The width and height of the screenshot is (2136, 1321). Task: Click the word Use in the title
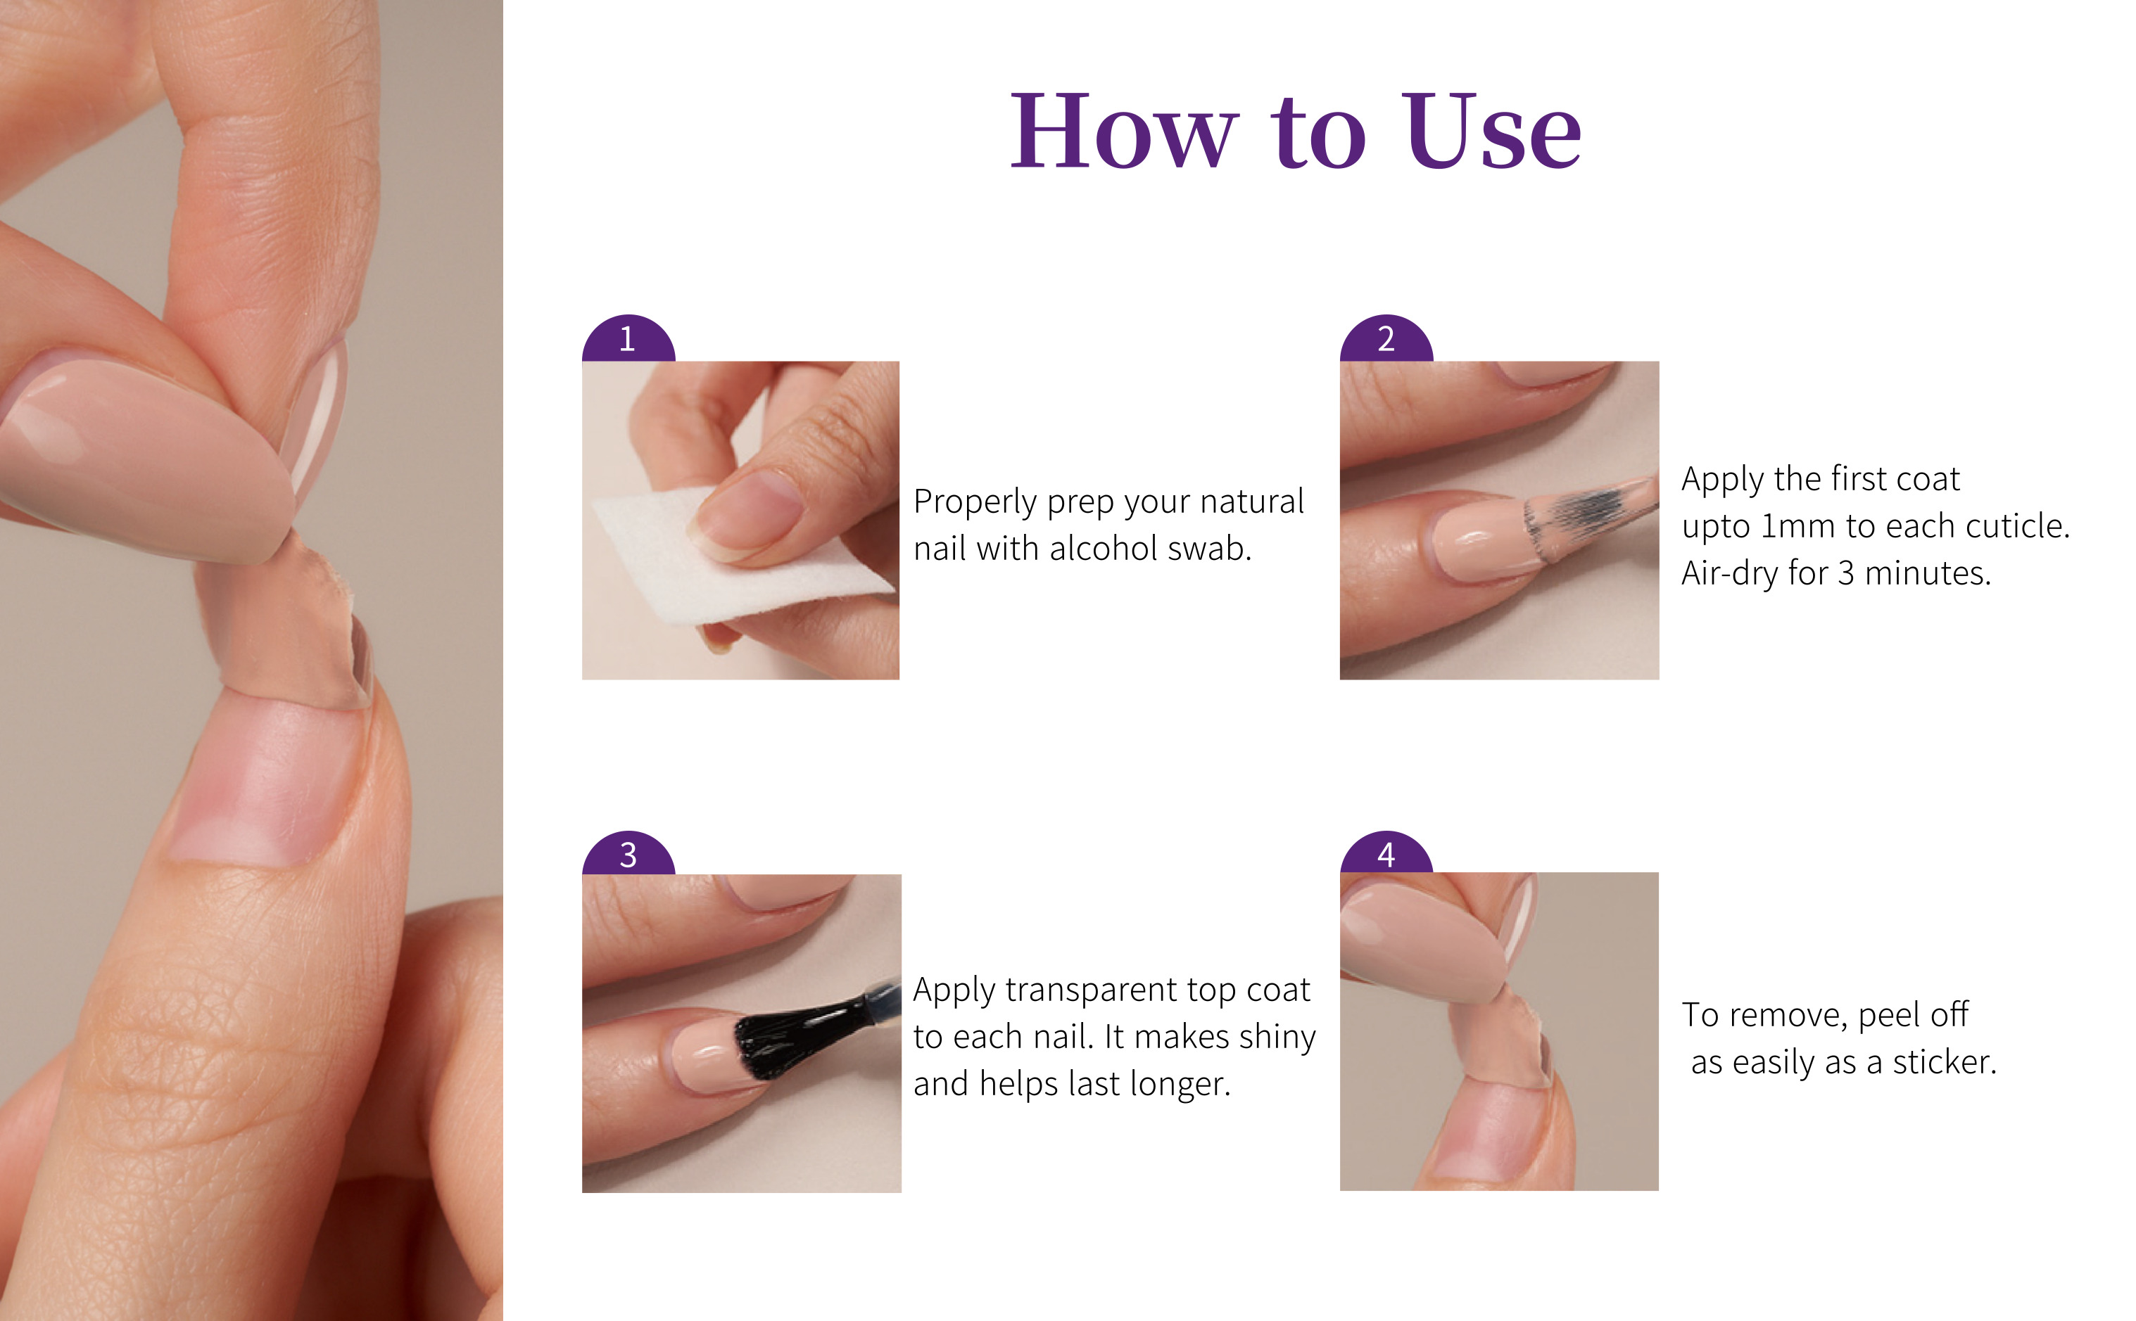point(1493,131)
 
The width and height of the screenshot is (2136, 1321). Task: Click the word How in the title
point(1124,131)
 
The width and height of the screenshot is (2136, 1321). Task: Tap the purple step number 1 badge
point(628,339)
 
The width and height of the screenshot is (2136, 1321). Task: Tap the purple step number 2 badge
point(1386,339)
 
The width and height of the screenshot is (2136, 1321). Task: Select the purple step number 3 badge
point(628,853)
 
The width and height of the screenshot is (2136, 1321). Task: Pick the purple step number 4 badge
point(1386,853)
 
